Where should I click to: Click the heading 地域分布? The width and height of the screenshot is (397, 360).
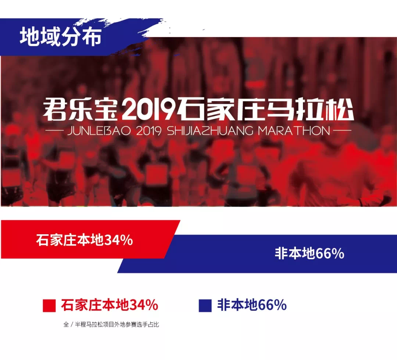[61, 37]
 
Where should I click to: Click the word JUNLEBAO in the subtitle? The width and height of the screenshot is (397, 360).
[99, 131]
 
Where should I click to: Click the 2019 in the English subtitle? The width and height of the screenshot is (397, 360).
[149, 131]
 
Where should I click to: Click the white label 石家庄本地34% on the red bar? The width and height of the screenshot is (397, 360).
[84, 240]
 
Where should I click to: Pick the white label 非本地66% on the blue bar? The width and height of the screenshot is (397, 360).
[310, 253]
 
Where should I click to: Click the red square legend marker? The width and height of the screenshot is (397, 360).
[49, 306]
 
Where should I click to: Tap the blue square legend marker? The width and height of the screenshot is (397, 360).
[205, 306]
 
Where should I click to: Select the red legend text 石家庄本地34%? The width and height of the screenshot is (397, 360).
[110, 305]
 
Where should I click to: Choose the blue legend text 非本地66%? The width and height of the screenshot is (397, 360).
[252, 305]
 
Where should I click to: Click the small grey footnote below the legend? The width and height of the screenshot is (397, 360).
[111, 325]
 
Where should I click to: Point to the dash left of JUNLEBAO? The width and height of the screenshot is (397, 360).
[56, 131]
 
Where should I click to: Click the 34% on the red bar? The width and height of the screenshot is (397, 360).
[118, 240]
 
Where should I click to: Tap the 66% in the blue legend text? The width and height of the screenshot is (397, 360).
[272, 305]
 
